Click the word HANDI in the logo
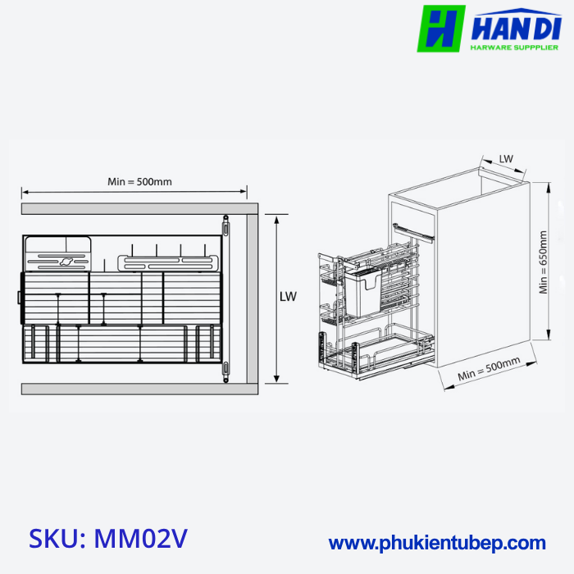pos(515,27)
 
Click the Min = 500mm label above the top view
pos(139,181)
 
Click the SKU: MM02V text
pos(108,539)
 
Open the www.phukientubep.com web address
pos(437,543)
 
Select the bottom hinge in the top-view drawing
pos(225,371)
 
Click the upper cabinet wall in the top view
pos(131,208)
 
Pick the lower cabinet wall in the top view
pos(131,388)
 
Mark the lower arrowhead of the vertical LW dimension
pos(276,380)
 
